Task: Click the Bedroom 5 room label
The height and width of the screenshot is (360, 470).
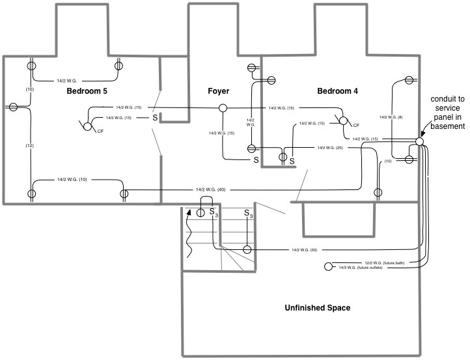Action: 87,91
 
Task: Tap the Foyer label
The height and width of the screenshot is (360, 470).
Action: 219,91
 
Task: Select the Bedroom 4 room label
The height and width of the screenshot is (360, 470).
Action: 337,91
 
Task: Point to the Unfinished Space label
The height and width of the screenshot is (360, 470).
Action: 318,308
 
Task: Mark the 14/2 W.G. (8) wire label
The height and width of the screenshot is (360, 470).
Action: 391,117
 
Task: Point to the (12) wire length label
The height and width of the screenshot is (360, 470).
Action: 29,145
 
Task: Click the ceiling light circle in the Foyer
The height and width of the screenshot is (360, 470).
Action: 222,108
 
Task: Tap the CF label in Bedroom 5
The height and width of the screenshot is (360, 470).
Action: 100,132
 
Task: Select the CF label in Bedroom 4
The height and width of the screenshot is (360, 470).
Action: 356,125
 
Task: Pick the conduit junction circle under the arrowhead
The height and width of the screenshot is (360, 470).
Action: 420,141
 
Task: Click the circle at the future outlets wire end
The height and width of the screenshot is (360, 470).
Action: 329,267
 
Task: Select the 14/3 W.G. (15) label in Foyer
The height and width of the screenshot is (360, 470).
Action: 222,133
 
